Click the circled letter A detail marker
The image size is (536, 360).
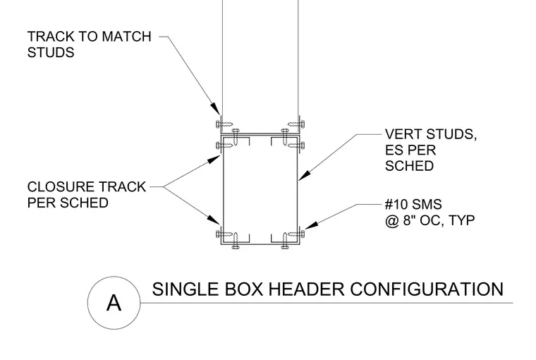pos(114,303)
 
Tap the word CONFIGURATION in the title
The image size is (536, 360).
pos(427,289)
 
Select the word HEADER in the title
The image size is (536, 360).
pos(306,289)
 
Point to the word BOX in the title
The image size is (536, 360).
pos(244,289)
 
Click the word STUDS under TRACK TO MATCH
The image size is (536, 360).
pos(51,52)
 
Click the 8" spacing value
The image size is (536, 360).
pos(410,220)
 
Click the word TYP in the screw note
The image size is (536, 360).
pos(461,220)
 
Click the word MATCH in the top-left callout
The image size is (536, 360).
pos(126,36)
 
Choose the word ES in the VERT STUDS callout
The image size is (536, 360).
pos(393,150)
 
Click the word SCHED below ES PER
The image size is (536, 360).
pos(409,166)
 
